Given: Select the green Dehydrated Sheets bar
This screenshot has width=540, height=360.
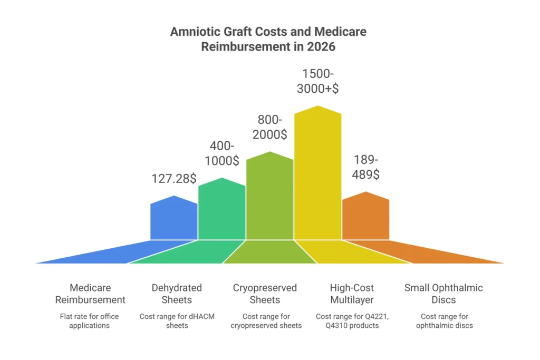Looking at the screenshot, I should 221,211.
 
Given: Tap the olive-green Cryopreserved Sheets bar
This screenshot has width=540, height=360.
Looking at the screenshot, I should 269,198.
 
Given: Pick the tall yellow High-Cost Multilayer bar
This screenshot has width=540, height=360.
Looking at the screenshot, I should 317,174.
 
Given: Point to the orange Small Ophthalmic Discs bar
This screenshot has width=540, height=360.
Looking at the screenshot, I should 365,217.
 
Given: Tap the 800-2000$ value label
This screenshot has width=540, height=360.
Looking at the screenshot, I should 269,127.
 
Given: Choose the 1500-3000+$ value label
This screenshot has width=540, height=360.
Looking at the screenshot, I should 317,81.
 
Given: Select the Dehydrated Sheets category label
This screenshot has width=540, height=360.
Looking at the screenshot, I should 177,294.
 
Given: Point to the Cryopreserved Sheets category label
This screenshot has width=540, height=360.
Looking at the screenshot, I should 265,294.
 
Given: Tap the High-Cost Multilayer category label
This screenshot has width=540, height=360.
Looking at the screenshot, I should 352,294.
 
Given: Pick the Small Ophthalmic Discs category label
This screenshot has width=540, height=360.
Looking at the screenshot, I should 443,294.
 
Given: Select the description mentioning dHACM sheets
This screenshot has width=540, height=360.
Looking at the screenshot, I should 177,320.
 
